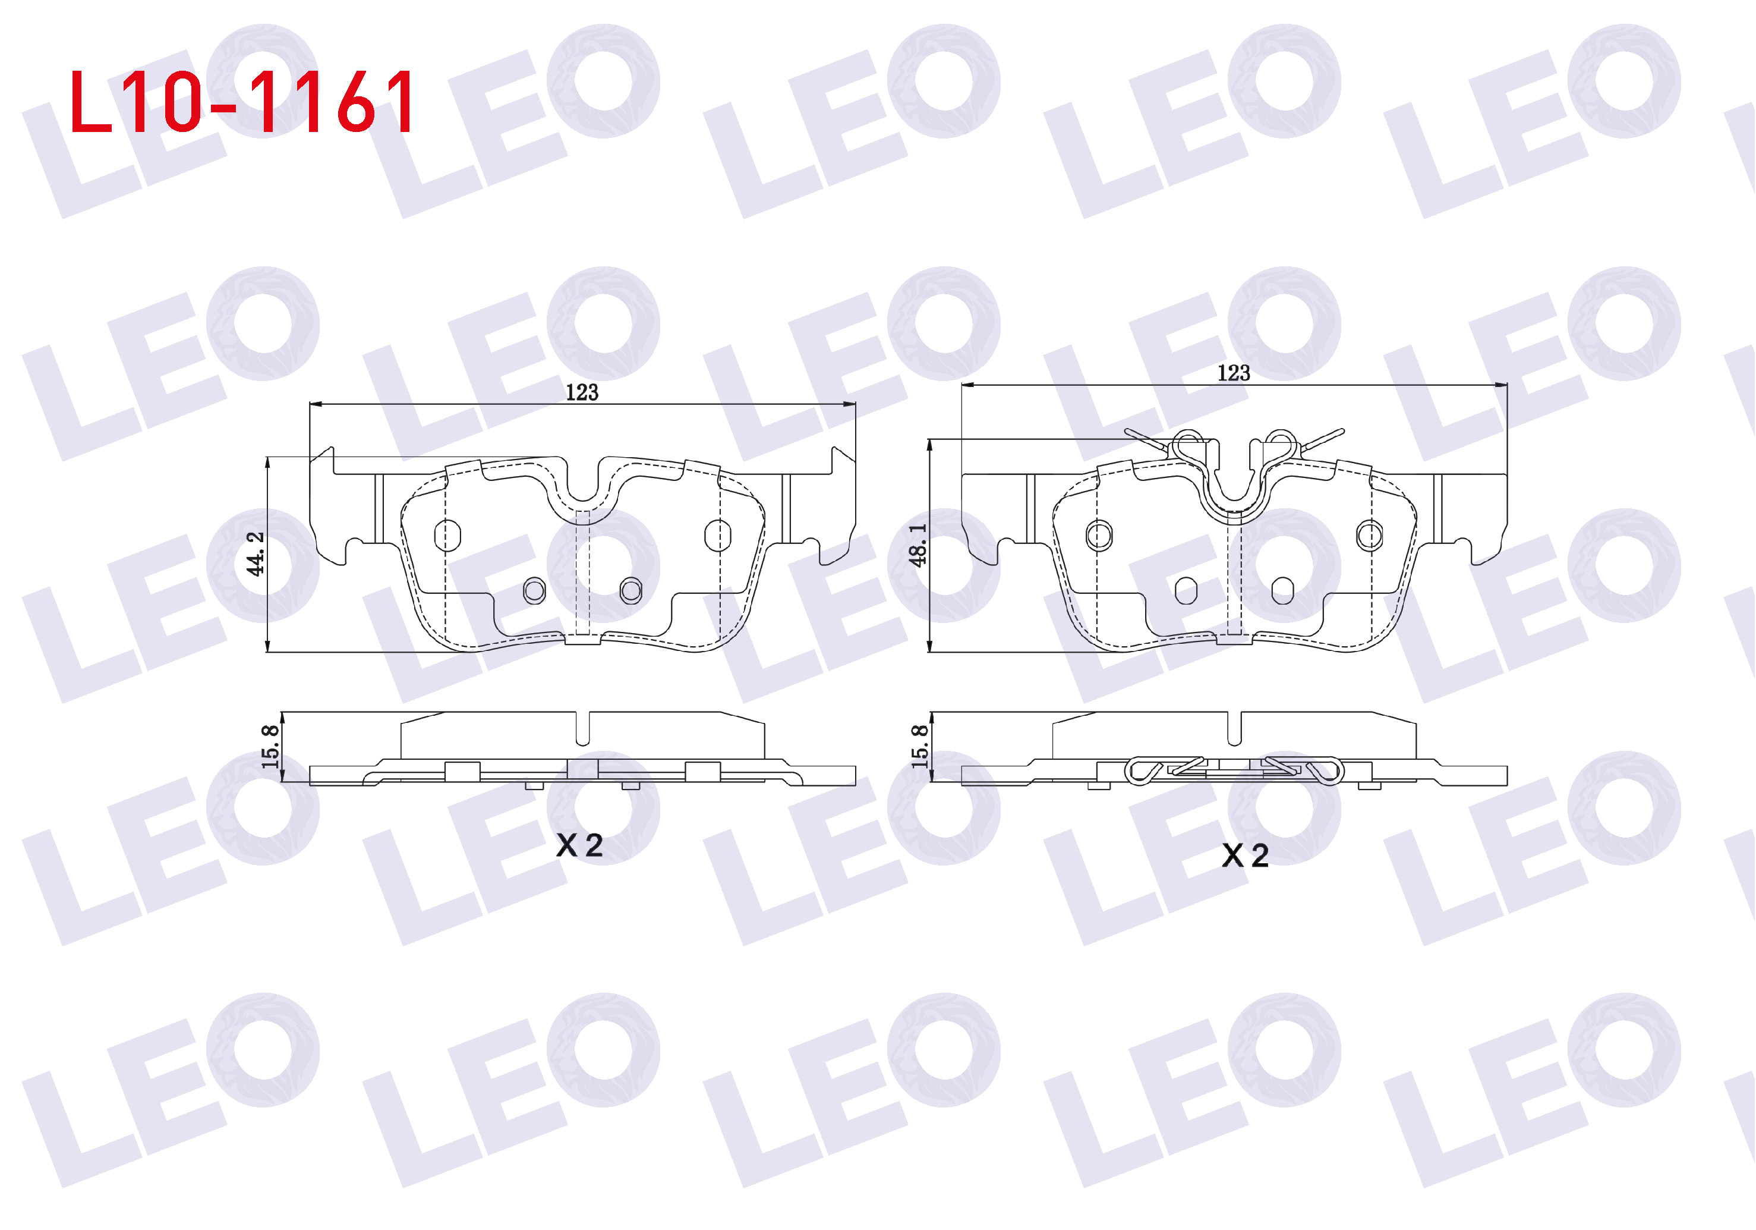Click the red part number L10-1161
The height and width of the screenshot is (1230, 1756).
(242, 101)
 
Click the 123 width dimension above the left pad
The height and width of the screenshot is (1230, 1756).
(581, 392)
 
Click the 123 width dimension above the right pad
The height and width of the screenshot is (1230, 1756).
(1233, 373)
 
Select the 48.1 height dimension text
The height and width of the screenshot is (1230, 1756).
(917, 545)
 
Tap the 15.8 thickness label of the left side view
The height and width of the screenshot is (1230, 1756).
(270, 746)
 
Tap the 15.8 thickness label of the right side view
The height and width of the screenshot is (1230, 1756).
(919, 746)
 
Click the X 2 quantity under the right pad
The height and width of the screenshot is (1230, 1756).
(1245, 855)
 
